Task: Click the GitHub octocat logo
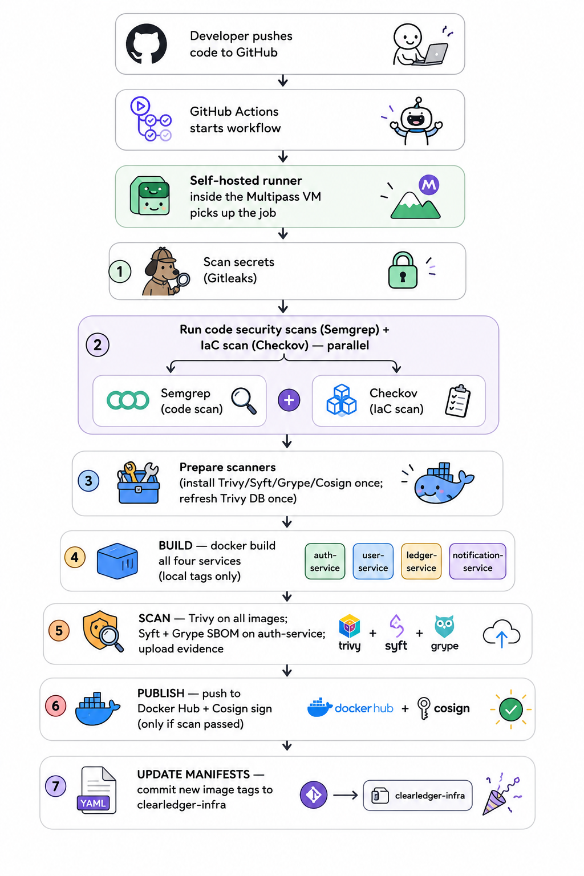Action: [x=147, y=43]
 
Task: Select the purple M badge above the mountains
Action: [x=429, y=185]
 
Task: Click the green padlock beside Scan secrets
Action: [x=403, y=270]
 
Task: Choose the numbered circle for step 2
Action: [x=98, y=345]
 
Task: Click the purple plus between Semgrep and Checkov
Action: [x=289, y=400]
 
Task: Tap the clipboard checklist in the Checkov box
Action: [x=457, y=401]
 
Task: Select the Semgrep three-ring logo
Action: [x=128, y=400]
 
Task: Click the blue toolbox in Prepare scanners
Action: [x=138, y=483]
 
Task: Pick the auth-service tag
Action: [x=325, y=561]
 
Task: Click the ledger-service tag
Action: [x=421, y=561]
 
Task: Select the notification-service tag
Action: [x=477, y=561]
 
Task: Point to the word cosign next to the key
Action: [x=452, y=708]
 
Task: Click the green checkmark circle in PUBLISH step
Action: [x=511, y=709]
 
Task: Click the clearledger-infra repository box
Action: [x=418, y=796]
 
